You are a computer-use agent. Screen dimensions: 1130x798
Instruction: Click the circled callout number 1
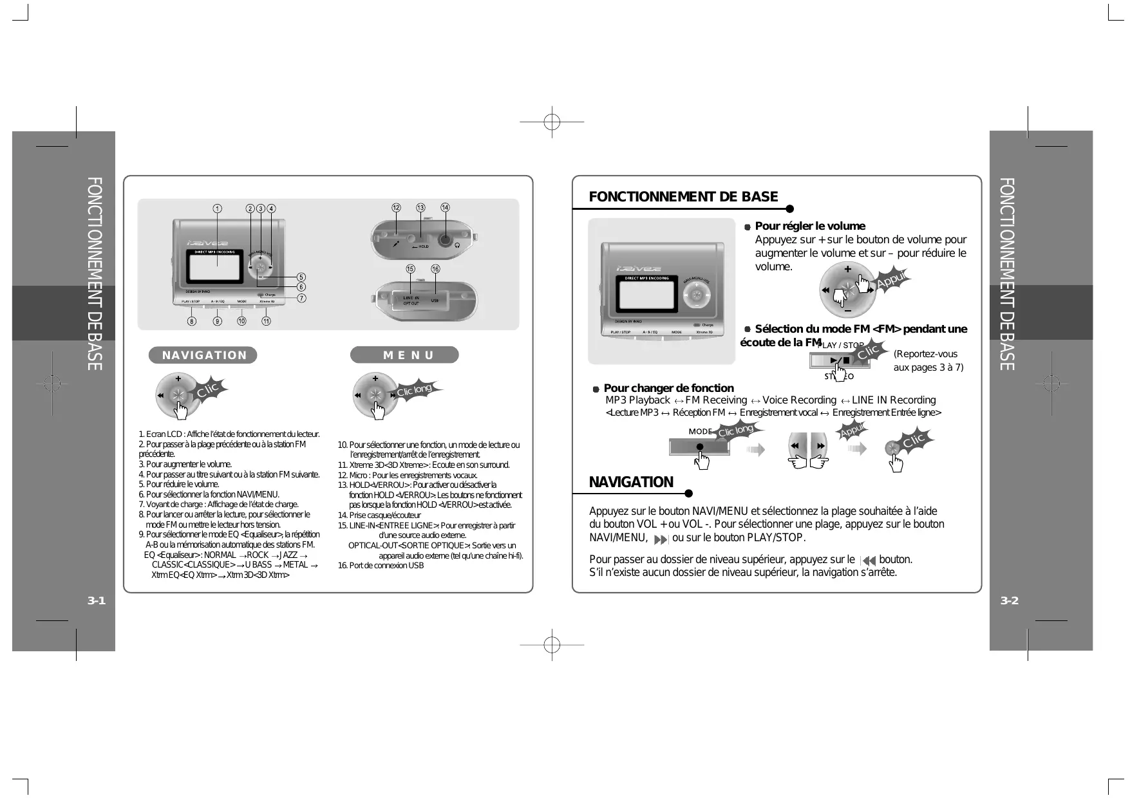[218, 209]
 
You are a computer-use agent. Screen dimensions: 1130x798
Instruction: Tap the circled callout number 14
[445, 207]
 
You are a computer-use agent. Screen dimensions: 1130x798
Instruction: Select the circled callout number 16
[435, 268]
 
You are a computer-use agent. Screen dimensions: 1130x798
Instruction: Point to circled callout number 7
[301, 298]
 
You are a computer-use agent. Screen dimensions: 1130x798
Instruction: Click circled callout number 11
[266, 321]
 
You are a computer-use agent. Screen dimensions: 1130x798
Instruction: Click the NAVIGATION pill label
[203, 355]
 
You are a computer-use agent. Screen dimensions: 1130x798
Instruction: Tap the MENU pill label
[404, 355]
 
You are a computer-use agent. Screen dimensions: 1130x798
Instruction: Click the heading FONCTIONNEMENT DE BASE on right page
[683, 197]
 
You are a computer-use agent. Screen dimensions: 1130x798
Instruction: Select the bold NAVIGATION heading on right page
[631, 482]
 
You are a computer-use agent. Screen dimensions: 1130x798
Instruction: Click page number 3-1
[97, 601]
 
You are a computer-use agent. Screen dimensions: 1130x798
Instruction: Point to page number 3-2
[1010, 601]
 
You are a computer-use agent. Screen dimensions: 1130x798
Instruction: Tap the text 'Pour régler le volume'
[809, 226]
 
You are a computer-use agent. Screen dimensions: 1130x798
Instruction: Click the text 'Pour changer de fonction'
[668, 388]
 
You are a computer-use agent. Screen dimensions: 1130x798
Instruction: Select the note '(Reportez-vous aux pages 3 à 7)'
[928, 361]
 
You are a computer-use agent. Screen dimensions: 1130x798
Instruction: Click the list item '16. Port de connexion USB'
[381, 566]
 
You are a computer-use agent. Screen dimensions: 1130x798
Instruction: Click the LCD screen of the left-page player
[216, 266]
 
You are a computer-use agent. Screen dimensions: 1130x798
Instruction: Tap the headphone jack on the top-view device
[445, 240]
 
